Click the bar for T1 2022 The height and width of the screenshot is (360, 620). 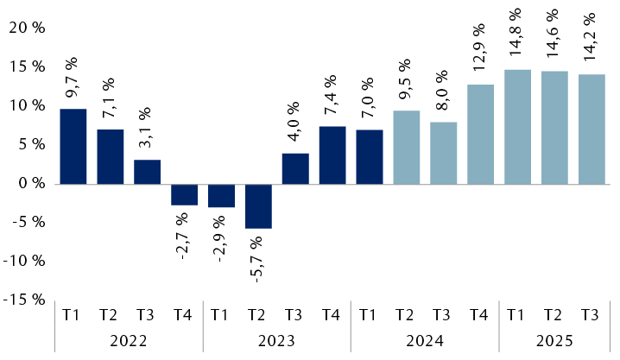pyautogui.click(x=73, y=146)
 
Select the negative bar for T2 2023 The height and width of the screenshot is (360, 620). pyautogui.click(x=258, y=205)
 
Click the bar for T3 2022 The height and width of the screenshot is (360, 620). pyautogui.click(x=147, y=171)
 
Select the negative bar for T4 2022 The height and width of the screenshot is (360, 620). pyautogui.click(x=184, y=194)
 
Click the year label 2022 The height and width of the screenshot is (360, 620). pyautogui.click(x=129, y=340)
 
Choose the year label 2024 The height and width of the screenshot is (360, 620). pyautogui.click(x=425, y=340)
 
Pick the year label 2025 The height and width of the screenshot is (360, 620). pyautogui.click(x=554, y=340)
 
